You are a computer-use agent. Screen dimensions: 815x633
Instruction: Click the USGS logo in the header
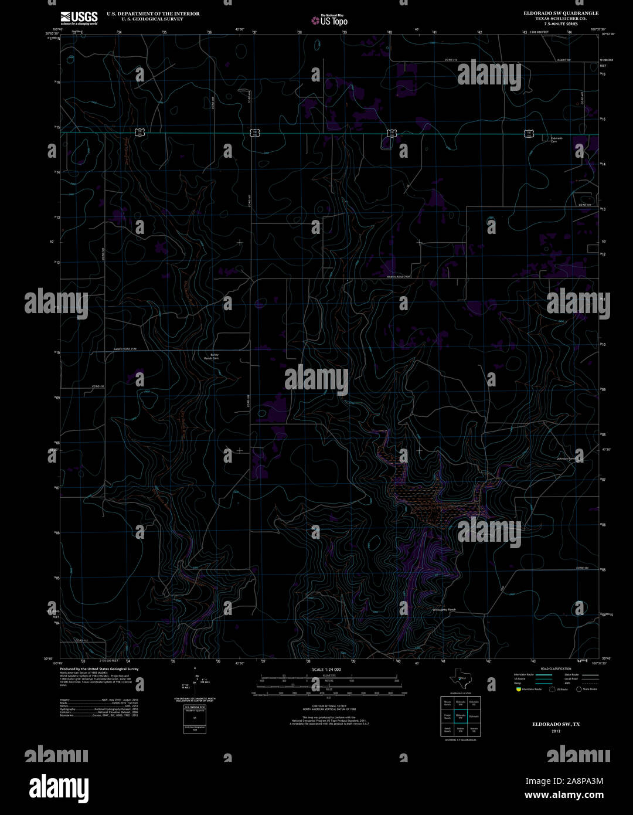pyautogui.click(x=79, y=18)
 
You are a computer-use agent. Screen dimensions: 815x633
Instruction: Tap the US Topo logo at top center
pyautogui.click(x=329, y=21)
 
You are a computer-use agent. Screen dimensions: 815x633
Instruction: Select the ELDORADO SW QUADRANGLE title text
pyautogui.click(x=553, y=12)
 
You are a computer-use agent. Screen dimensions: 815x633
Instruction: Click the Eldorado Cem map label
pyautogui.click(x=556, y=140)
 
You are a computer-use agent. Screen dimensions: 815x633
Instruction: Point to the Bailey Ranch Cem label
pyautogui.click(x=210, y=356)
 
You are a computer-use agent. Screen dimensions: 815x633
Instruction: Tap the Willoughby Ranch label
pyautogui.click(x=444, y=610)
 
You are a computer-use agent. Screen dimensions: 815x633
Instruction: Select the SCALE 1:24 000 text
pyautogui.click(x=326, y=669)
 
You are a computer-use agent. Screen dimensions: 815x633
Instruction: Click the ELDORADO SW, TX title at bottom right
pyautogui.click(x=552, y=724)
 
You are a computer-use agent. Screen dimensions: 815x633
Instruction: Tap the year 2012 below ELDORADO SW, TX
pyautogui.click(x=552, y=731)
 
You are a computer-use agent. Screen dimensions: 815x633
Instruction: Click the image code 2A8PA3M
pyautogui.click(x=564, y=780)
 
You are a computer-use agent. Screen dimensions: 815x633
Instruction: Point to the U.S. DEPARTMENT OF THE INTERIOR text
pyautogui.click(x=152, y=13)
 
